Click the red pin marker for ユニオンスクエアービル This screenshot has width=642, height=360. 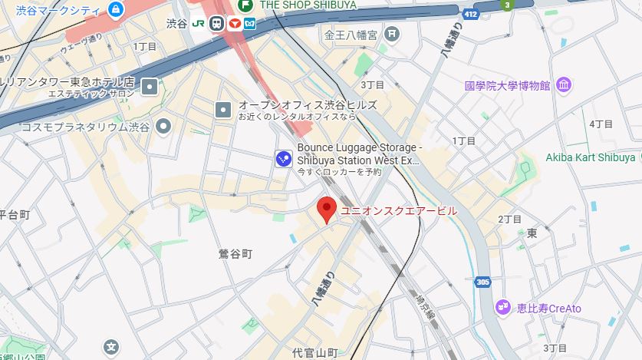(x=327, y=209)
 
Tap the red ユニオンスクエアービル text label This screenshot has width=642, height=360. (x=399, y=210)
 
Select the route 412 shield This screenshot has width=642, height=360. (x=469, y=13)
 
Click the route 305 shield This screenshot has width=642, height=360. (x=482, y=282)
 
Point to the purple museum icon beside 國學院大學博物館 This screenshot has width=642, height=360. (x=564, y=84)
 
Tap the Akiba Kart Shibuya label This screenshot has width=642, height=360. (x=590, y=157)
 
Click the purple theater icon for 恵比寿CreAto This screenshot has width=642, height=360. (x=502, y=308)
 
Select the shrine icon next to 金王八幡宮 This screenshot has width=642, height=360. (x=392, y=35)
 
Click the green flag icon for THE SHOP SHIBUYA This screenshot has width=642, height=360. (x=248, y=5)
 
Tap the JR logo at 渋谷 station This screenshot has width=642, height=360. (x=200, y=23)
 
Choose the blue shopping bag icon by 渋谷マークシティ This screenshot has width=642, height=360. (x=116, y=9)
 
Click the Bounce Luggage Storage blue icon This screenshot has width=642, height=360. (x=283, y=158)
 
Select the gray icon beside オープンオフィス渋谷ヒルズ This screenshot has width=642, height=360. (x=223, y=110)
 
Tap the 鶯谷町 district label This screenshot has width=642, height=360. (x=235, y=253)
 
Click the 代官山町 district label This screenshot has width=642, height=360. (x=314, y=353)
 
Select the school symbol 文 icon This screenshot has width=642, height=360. (x=112, y=346)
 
